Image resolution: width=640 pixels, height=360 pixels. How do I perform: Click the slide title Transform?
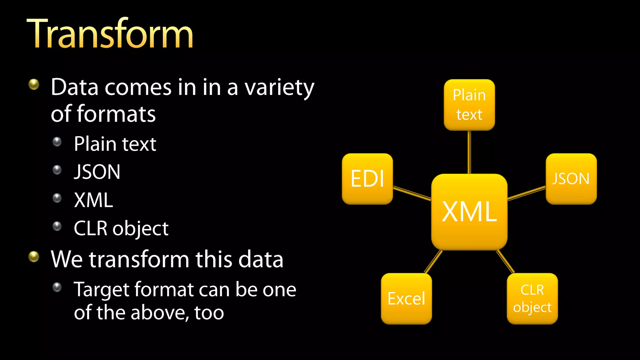click(110, 34)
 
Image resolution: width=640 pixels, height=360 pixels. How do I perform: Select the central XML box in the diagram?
click(469, 212)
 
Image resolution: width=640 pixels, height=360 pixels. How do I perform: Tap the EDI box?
click(367, 179)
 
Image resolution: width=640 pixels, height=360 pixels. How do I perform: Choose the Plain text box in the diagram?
click(469, 105)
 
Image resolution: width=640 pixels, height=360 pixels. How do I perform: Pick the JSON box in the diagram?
click(571, 179)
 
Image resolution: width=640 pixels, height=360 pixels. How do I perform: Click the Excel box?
click(406, 298)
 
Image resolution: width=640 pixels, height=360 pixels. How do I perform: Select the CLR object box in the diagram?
click(532, 298)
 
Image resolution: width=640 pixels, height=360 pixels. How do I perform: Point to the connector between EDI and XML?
click(412, 193)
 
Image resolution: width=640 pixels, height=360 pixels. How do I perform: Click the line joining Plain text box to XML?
click(469, 152)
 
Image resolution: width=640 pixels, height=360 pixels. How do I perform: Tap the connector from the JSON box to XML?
click(527, 193)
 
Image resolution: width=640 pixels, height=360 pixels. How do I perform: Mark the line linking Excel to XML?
click(433, 262)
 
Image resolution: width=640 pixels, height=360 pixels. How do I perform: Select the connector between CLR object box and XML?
click(505, 262)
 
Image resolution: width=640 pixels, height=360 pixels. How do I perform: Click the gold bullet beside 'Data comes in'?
click(34, 84)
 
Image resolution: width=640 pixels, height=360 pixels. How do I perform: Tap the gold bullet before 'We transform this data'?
click(34, 257)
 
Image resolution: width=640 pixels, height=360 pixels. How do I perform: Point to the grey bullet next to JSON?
click(57, 170)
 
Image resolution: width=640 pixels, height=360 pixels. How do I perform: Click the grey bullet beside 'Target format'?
click(57, 287)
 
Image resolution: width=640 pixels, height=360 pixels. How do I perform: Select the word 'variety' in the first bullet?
click(279, 88)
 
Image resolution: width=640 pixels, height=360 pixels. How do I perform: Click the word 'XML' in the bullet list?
click(93, 200)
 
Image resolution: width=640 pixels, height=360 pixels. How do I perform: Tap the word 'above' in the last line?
click(159, 312)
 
